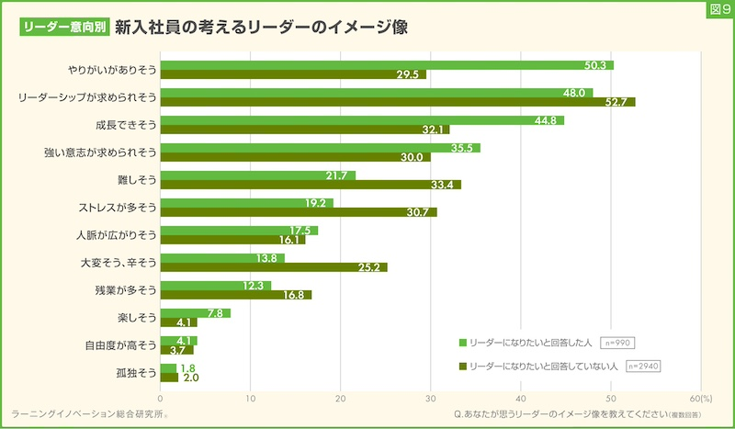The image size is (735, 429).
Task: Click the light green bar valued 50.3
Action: click(x=386, y=65)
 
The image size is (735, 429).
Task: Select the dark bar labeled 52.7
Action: click(x=397, y=102)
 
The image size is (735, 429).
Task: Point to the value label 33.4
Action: click(x=445, y=185)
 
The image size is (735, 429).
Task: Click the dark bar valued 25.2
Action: click(x=273, y=267)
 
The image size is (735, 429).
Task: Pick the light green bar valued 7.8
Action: click(x=195, y=313)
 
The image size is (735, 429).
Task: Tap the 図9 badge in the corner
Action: click(x=718, y=9)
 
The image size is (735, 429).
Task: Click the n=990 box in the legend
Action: click(x=617, y=343)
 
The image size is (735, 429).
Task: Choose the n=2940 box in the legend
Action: click(x=644, y=367)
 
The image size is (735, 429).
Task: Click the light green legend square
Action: click(x=463, y=343)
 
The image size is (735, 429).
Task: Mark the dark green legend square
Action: click(x=463, y=367)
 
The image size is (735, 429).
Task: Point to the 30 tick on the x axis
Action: click(x=431, y=399)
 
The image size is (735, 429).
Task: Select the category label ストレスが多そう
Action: click(x=119, y=207)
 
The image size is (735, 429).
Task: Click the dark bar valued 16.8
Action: click(x=235, y=295)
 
